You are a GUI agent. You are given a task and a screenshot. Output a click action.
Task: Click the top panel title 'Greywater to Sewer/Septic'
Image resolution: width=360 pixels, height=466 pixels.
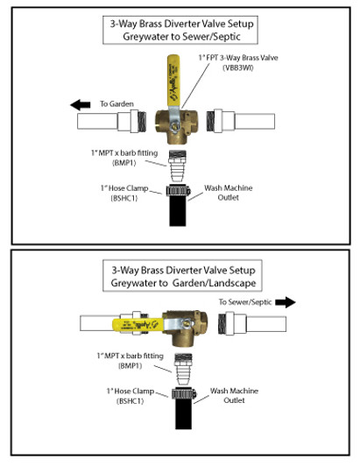[180, 38]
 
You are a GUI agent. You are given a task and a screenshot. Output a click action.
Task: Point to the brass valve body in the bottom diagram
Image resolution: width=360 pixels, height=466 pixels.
[186, 328]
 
